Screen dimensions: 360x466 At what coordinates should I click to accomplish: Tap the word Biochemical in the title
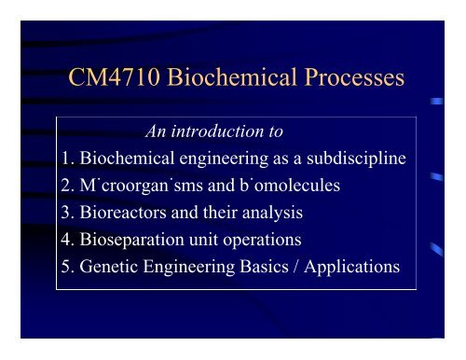coord(233,79)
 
